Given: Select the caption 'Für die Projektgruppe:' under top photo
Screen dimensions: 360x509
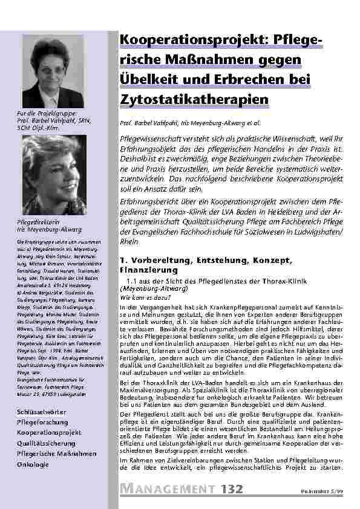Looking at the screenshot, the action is pos(44,113).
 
